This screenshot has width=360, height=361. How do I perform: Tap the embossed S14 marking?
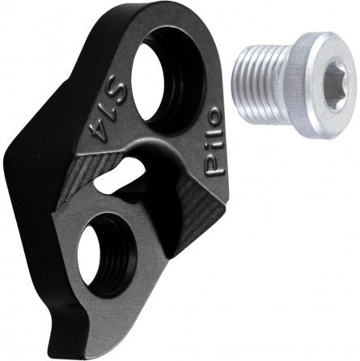(108, 108)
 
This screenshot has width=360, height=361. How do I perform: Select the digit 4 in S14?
(98, 127)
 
